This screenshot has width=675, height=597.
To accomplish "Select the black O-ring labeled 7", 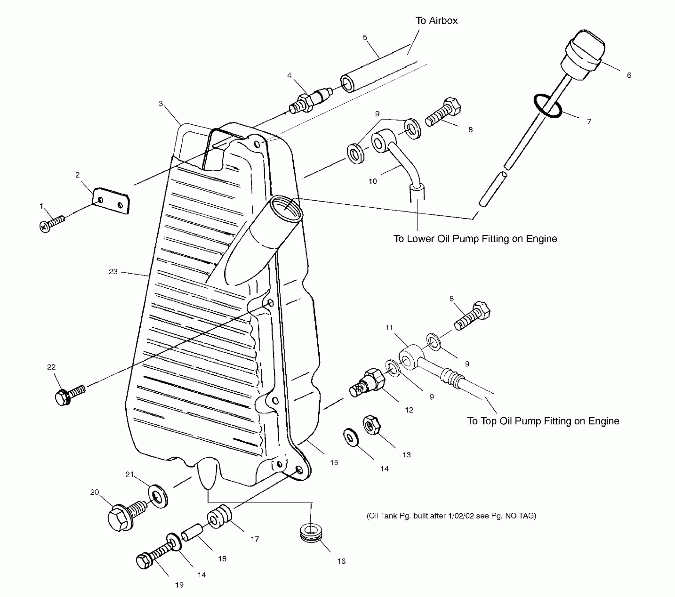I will point(548,106).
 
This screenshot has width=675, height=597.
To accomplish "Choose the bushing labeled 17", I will point(220,517).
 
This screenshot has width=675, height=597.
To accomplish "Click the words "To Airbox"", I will point(436,21).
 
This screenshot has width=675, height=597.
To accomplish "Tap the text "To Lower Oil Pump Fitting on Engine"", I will point(475,239).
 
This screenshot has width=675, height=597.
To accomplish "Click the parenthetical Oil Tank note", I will point(451,516).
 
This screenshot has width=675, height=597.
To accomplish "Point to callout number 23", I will point(113,271).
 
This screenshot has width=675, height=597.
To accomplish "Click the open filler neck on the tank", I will point(285,208).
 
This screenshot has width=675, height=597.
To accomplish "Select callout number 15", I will point(334,463).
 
